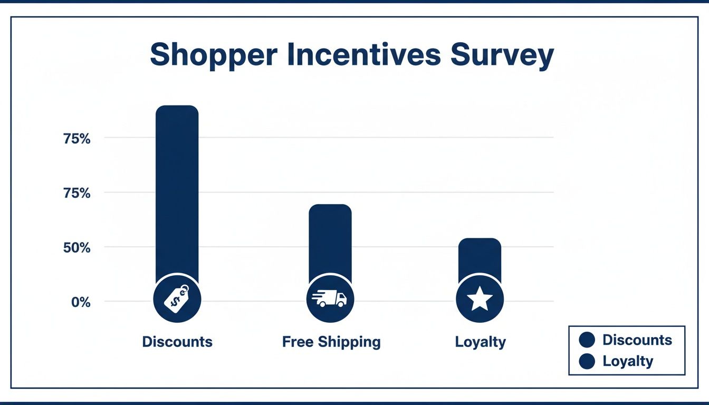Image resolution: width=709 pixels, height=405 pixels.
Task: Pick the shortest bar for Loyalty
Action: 480,258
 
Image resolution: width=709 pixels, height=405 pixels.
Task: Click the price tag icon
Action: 177,299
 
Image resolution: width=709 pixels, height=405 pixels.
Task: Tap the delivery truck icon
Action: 330,299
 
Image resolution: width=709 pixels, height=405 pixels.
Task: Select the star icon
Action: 480,299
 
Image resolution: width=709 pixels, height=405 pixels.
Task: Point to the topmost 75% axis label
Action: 77,139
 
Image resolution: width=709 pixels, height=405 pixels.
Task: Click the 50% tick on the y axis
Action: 77,248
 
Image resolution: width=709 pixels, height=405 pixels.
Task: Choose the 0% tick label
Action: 81,303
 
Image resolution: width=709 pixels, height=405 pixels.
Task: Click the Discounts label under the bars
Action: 177,342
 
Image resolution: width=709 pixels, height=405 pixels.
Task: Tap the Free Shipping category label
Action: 331,342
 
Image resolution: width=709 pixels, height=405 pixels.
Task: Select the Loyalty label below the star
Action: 480,342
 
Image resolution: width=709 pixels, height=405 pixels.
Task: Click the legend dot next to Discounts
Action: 587,340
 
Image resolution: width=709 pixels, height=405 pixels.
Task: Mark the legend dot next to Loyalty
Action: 587,361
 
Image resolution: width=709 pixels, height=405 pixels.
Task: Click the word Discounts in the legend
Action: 637,340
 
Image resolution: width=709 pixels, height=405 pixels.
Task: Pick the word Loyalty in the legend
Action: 628,361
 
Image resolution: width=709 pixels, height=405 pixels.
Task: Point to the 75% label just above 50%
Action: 77,194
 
